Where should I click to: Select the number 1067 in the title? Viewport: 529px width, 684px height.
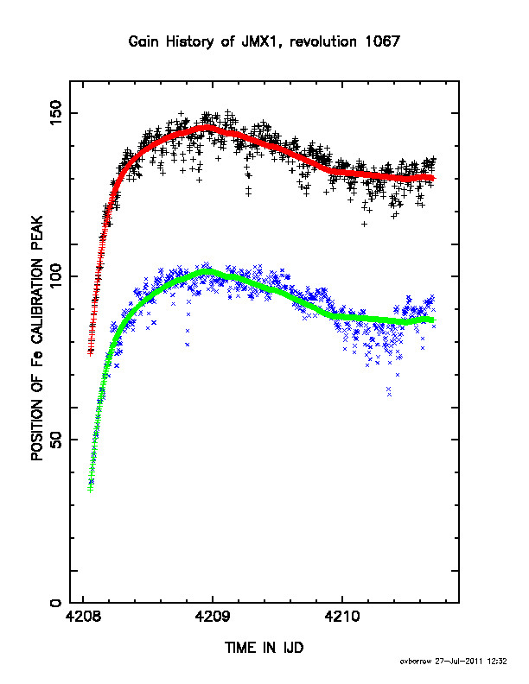click(382, 41)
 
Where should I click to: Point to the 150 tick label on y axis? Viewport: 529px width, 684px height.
click(56, 113)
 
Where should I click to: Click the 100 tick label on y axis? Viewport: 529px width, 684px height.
click(56, 276)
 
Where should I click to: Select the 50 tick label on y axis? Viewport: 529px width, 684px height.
click(56, 440)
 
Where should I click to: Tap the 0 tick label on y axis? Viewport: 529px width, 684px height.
click(56, 603)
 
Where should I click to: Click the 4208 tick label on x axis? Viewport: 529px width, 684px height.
click(83, 617)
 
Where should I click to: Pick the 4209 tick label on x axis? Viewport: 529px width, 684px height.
click(213, 617)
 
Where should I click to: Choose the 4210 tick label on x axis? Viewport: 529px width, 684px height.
click(342, 617)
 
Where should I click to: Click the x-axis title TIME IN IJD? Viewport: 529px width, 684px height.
click(264, 648)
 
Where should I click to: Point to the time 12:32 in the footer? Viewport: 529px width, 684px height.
click(497, 662)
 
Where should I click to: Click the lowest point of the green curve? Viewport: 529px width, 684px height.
click(91, 490)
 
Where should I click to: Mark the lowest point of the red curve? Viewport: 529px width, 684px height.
click(91, 353)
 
